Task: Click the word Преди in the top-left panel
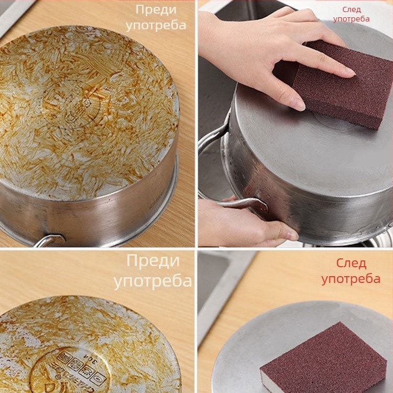tap(156, 10)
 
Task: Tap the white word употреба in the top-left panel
tap(156, 26)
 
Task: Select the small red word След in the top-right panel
tap(352, 10)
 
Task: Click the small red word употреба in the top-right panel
tap(351, 19)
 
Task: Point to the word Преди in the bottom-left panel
tap(153, 261)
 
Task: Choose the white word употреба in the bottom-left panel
tap(152, 281)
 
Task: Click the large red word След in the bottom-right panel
tap(351, 264)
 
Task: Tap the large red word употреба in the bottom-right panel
tap(351, 279)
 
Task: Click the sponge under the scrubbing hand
tap(343, 84)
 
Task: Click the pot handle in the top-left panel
tap(48, 240)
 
